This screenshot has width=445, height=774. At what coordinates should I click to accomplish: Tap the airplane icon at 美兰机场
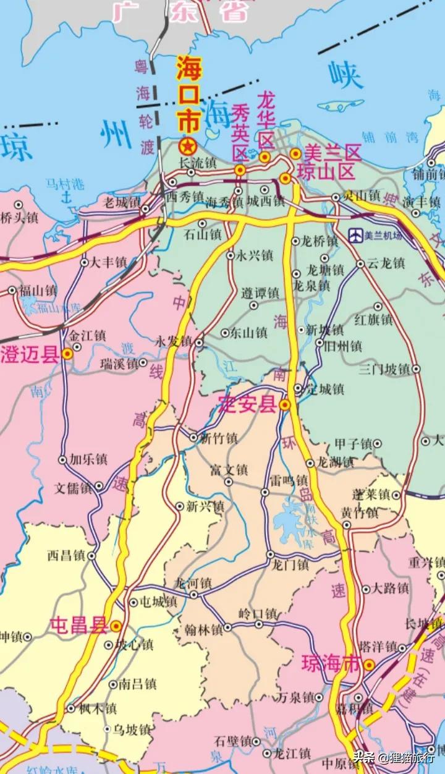point(355,235)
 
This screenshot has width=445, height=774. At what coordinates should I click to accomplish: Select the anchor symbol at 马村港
point(69,197)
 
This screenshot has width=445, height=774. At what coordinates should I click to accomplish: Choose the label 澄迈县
point(30,355)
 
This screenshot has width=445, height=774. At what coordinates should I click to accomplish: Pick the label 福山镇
point(38,290)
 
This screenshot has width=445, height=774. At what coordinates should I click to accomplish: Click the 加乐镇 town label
point(88,460)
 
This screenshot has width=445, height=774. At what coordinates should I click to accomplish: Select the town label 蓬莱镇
point(370,495)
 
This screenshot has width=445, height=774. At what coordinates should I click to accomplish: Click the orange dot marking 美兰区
point(297,153)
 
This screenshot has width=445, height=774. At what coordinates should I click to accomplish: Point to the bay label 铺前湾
point(386,138)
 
